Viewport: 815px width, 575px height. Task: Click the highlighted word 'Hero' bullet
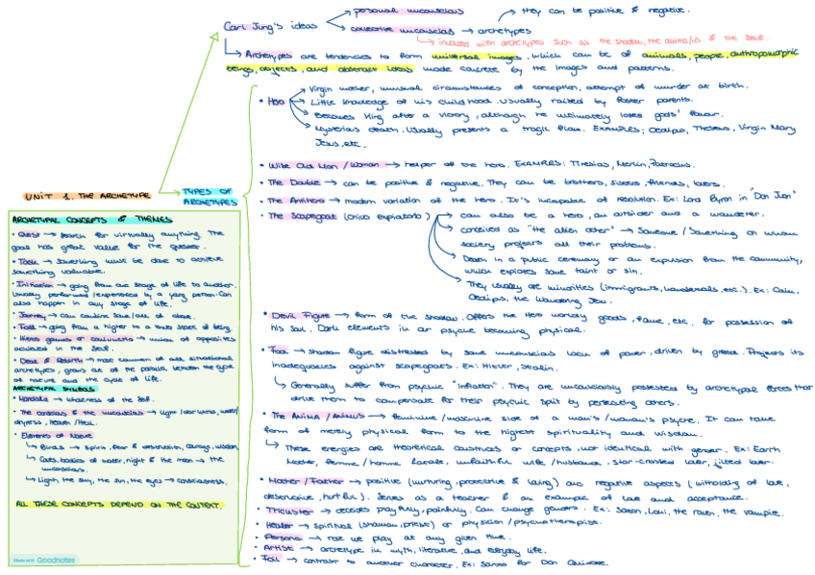pyautogui.click(x=278, y=99)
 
